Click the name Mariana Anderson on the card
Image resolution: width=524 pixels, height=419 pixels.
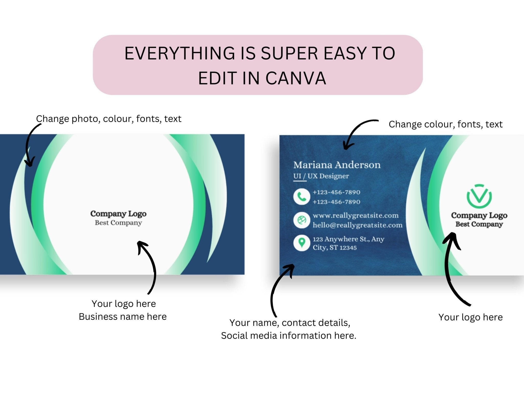click(x=337, y=165)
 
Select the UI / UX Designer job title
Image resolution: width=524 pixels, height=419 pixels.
click(x=321, y=176)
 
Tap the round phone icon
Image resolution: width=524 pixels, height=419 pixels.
click(x=302, y=197)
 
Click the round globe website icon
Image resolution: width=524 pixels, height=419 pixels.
click(x=302, y=220)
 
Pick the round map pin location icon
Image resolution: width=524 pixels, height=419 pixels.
click(x=302, y=243)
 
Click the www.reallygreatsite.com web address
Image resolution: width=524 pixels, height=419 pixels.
click(x=355, y=215)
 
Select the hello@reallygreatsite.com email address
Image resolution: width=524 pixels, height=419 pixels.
click(x=357, y=225)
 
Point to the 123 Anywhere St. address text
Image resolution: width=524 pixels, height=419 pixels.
click(x=348, y=239)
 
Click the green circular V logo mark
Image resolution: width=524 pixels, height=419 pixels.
click(x=479, y=196)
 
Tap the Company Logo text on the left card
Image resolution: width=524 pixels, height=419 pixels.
click(x=118, y=214)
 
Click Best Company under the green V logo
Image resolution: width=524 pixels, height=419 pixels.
click(x=479, y=224)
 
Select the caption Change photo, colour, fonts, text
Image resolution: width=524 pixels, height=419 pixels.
click(x=108, y=119)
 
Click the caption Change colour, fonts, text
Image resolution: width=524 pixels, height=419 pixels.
click(x=445, y=124)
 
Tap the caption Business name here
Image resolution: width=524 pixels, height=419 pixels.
click(x=123, y=317)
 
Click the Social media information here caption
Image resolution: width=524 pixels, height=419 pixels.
click(x=289, y=336)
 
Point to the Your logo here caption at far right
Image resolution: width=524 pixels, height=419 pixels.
click(x=470, y=317)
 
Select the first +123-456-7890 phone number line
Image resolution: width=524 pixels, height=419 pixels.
click(x=336, y=192)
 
